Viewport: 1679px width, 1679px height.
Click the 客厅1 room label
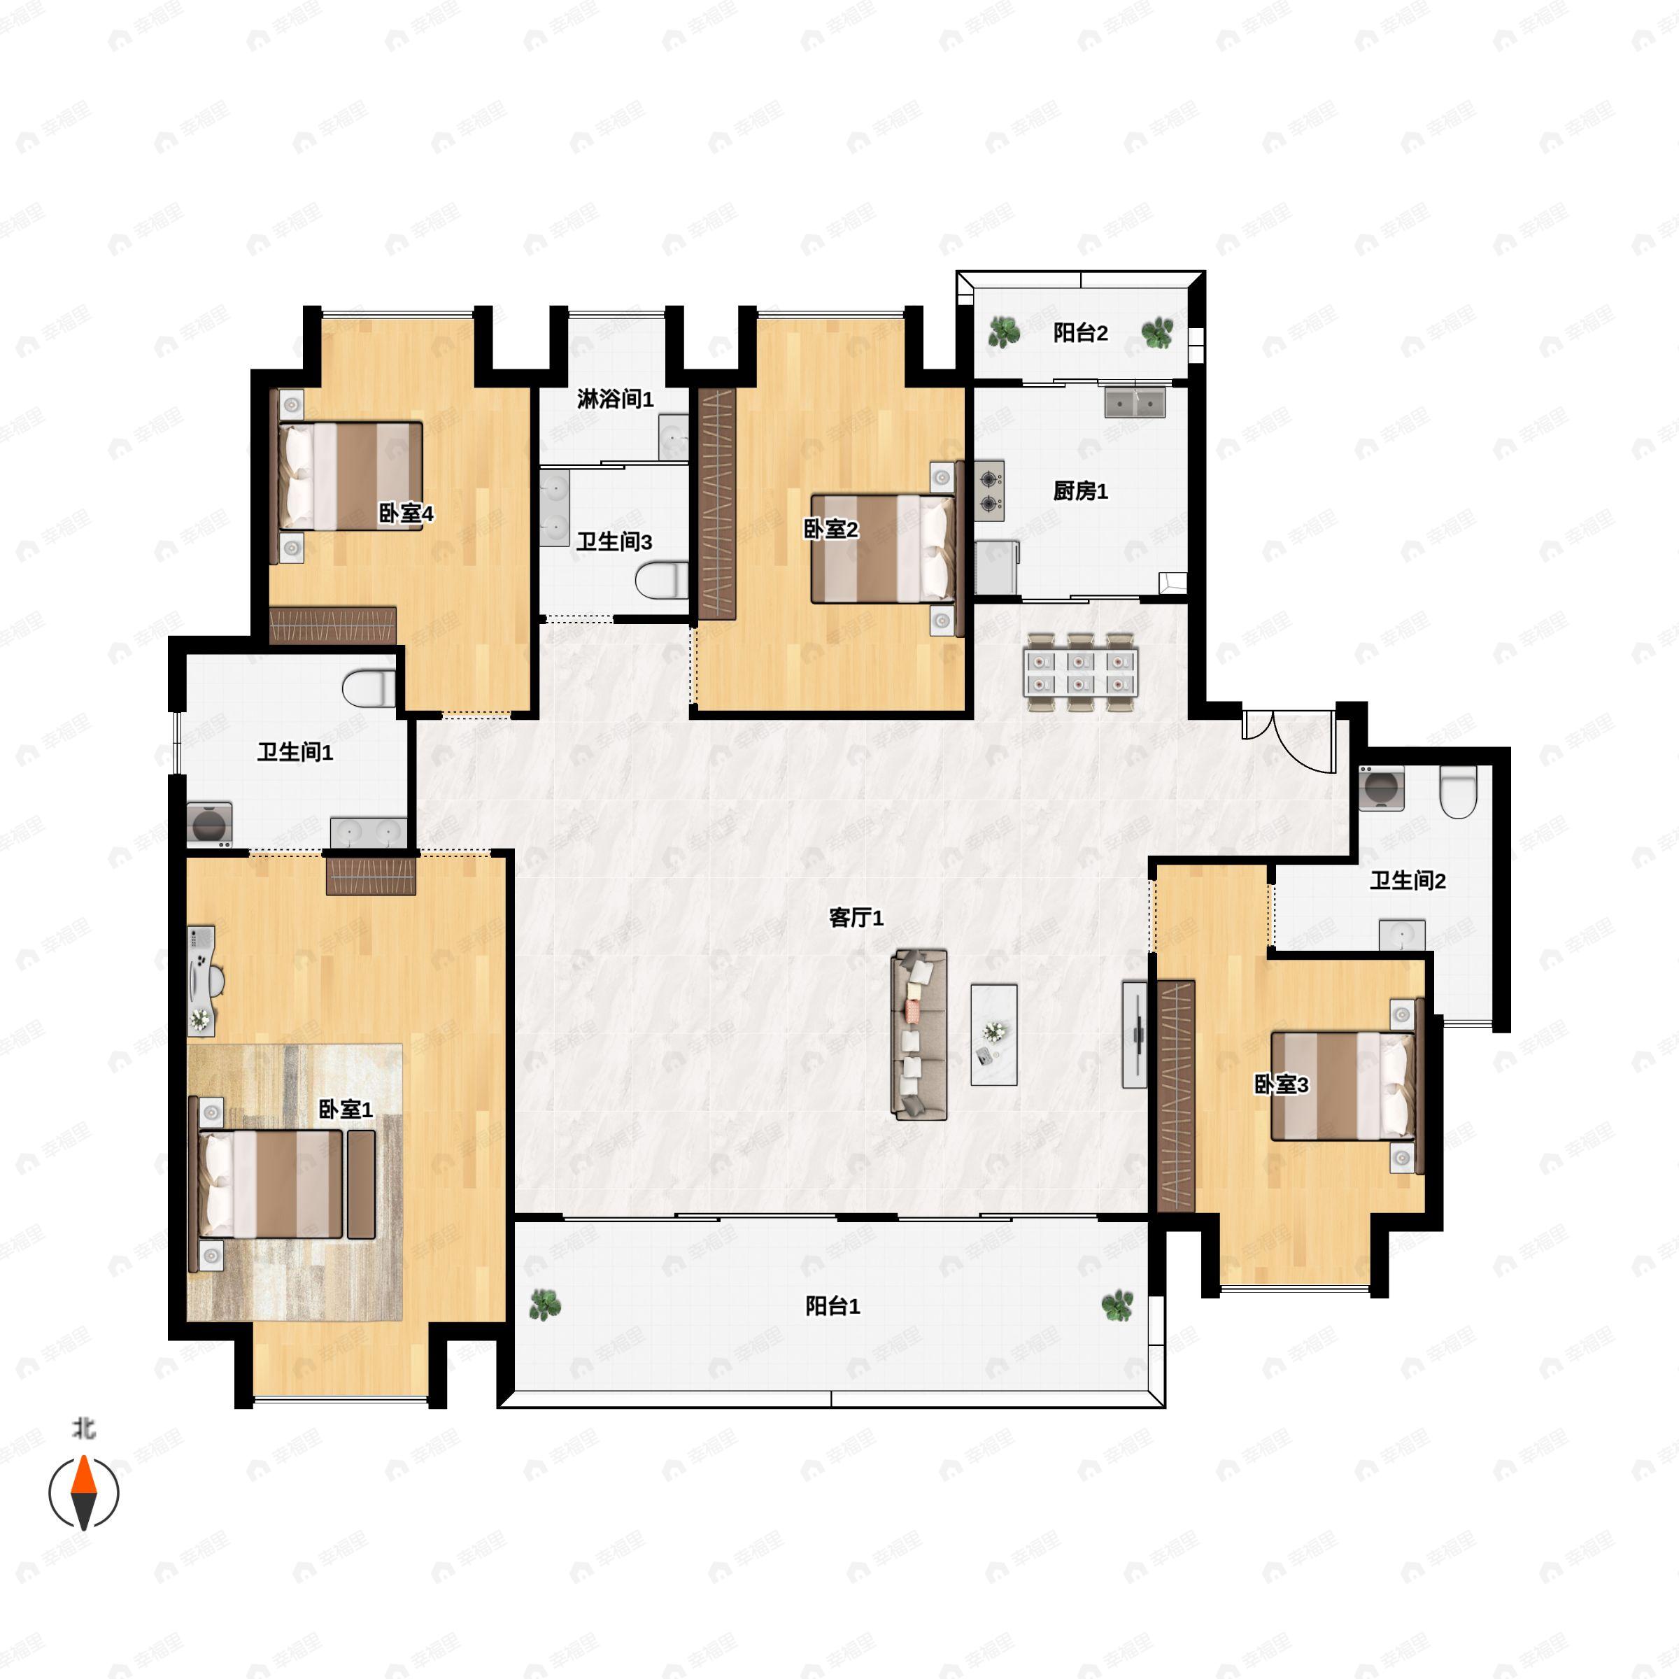(x=856, y=918)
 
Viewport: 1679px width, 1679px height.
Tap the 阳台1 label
(x=833, y=1306)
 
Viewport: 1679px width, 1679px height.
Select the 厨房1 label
(x=1080, y=491)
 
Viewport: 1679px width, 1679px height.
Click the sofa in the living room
(x=919, y=1034)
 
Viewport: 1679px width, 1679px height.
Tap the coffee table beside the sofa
(x=993, y=1034)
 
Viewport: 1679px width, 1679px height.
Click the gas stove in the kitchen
(x=989, y=491)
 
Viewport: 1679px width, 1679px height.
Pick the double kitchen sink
(x=1134, y=403)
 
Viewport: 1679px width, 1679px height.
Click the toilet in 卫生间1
(x=369, y=689)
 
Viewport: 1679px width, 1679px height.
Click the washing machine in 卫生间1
(x=209, y=823)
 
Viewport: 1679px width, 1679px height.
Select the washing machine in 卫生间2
(x=1381, y=787)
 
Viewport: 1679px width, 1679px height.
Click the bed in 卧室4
(x=350, y=476)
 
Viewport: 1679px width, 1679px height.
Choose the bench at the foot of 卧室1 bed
(x=361, y=1185)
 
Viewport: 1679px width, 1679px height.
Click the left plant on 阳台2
(x=1004, y=331)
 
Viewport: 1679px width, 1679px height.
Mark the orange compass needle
(x=83, y=1474)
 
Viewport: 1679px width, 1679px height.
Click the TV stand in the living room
(x=1134, y=1034)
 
